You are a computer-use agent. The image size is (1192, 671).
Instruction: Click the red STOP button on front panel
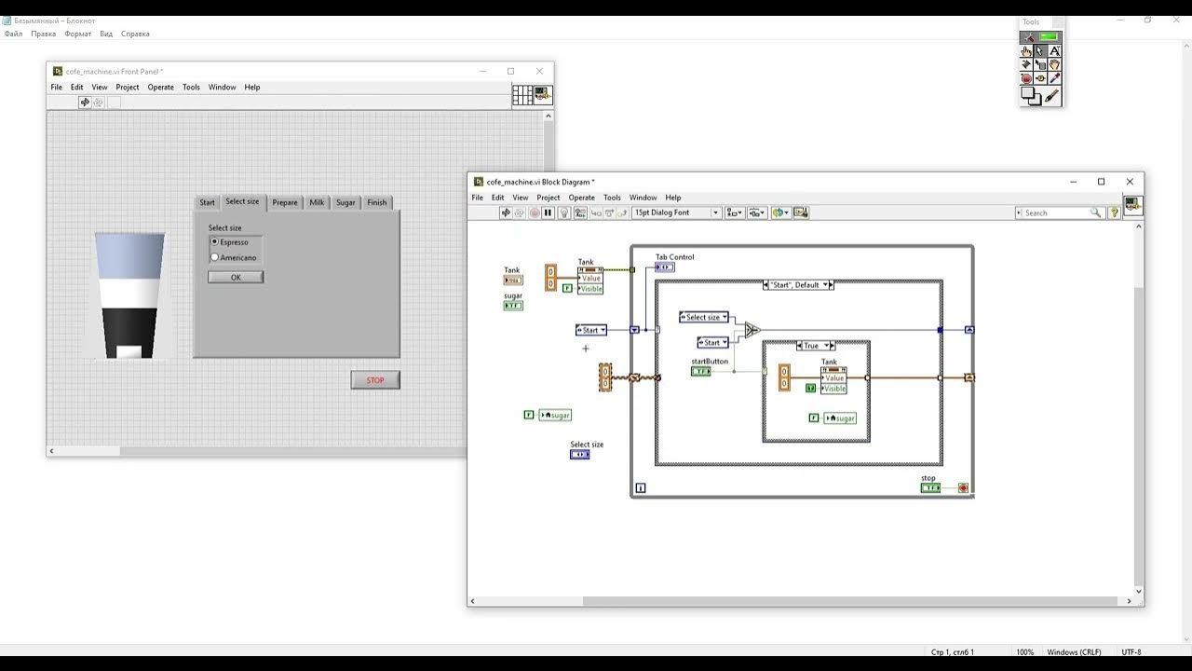coord(375,380)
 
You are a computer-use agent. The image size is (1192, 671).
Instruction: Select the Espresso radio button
coord(215,241)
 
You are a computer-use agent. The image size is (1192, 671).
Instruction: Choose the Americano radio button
coord(215,257)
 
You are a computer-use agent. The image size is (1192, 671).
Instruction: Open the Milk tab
coord(317,202)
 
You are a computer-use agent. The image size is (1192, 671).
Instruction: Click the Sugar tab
coord(345,202)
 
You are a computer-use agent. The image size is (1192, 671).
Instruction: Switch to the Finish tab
coord(376,202)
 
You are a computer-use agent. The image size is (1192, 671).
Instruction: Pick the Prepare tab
coord(285,202)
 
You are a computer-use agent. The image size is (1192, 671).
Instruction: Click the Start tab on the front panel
coord(207,202)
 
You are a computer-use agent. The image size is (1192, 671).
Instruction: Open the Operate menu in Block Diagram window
coord(581,198)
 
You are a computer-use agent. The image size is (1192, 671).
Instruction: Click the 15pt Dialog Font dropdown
coord(677,212)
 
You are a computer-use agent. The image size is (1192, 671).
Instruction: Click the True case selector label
coord(812,346)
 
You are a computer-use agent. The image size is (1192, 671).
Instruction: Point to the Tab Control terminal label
coord(674,257)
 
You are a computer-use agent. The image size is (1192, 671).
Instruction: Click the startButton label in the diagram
coord(710,362)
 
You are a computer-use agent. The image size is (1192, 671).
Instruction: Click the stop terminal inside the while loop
coord(930,487)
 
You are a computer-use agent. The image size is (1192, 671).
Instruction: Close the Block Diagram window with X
coord(1130,182)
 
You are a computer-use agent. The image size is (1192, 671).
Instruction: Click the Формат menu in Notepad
coord(77,34)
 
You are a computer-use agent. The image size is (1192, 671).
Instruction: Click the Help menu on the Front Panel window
coord(251,88)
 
